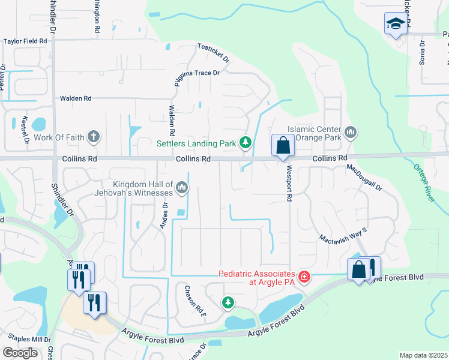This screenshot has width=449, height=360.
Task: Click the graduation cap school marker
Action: point(395,24)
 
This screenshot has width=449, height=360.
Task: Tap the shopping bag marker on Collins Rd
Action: point(283,146)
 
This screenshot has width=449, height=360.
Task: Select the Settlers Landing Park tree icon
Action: point(245,142)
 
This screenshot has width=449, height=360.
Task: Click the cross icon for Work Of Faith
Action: point(93,137)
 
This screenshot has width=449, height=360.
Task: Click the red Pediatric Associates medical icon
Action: point(304,277)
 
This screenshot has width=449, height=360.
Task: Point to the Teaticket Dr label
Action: point(214,53)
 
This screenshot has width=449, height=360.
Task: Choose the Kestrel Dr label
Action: point(25,131)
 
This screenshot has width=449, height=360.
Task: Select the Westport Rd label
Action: point(289,183)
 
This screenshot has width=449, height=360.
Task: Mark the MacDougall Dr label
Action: point(364,178)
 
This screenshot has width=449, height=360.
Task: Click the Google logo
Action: point(20,353)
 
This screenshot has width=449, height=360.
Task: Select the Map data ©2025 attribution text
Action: point(423,355)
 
